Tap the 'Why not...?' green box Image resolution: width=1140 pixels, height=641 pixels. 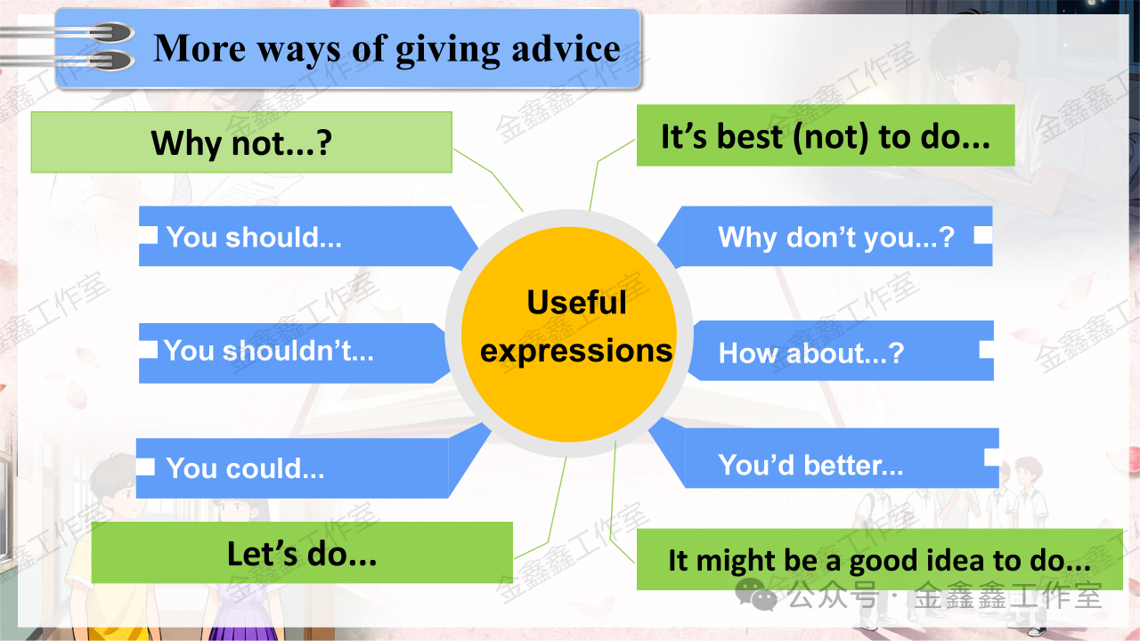[241, 142]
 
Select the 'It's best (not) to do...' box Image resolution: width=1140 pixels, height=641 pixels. [826, 135]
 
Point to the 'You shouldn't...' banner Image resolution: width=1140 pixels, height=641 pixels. [293, 353]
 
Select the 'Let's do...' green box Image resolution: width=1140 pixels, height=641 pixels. [302, 553]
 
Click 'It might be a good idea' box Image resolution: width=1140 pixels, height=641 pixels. [879, 560]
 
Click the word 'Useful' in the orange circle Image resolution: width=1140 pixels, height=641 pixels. [576, 303]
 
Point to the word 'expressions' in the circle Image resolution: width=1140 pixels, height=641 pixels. [576, 351]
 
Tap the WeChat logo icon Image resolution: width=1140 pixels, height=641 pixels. [756, 594]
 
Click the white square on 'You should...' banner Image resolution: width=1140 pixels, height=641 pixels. [148, 235]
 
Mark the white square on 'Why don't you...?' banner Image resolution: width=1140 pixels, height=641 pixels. [983, 235]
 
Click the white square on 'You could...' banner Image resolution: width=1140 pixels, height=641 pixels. [145, 467]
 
